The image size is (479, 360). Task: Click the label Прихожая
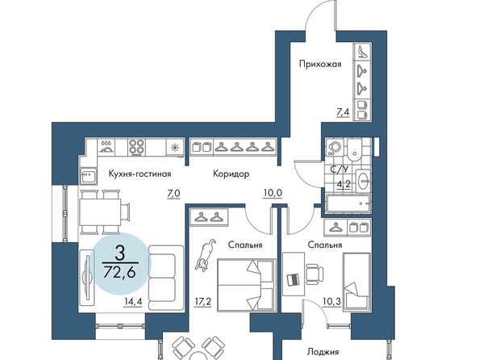[320, 65]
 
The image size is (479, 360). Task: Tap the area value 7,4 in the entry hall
[343, 112]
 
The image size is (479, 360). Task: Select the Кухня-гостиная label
[140, 174]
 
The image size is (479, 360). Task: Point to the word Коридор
[231, 174]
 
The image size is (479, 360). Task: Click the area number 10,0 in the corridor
[273, 193]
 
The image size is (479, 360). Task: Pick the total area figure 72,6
[119, 271]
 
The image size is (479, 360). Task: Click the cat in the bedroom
[206, 255]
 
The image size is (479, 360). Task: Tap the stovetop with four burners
[136, 148]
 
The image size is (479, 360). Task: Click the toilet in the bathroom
[354, 150]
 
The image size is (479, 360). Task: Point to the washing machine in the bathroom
[335, 148]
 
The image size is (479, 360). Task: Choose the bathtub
[348, 203]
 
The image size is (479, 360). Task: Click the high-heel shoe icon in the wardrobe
[363, 52]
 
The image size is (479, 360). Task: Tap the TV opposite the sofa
[87, 278]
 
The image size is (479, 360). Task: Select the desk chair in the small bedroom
[314, 273]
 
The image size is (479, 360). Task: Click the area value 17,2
[203, 302]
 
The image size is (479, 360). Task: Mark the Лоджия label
[323, 353]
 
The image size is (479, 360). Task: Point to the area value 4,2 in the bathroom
[344, 185]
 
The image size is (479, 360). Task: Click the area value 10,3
[331, 302]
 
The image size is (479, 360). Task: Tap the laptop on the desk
[294, 279]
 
